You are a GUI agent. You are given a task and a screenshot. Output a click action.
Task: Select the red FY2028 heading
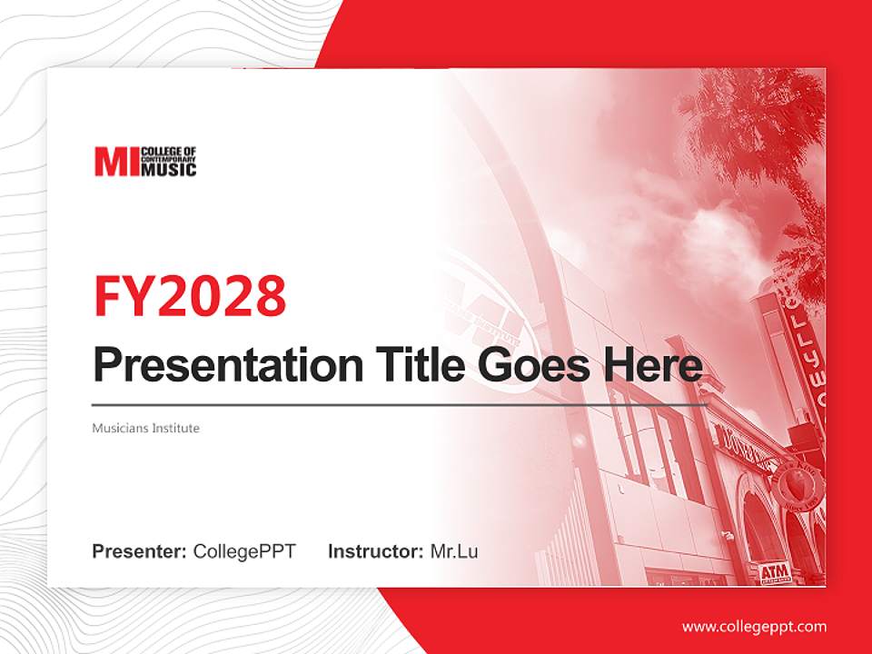(x=190, y=295)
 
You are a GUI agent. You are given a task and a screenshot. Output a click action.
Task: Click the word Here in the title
(x=653, y=365)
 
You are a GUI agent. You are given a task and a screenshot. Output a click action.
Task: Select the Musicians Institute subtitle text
(x=145, y=428)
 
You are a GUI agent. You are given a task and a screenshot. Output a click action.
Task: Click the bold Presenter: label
(x=140, y=551)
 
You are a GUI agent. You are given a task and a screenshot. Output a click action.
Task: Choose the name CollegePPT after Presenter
(x=244, y=551)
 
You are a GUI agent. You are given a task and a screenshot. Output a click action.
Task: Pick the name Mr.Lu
(x=453, y=551)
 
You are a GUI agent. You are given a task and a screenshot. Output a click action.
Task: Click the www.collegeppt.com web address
(x=754, y=627)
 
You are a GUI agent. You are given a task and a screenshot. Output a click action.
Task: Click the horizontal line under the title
(x=400, y=404)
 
